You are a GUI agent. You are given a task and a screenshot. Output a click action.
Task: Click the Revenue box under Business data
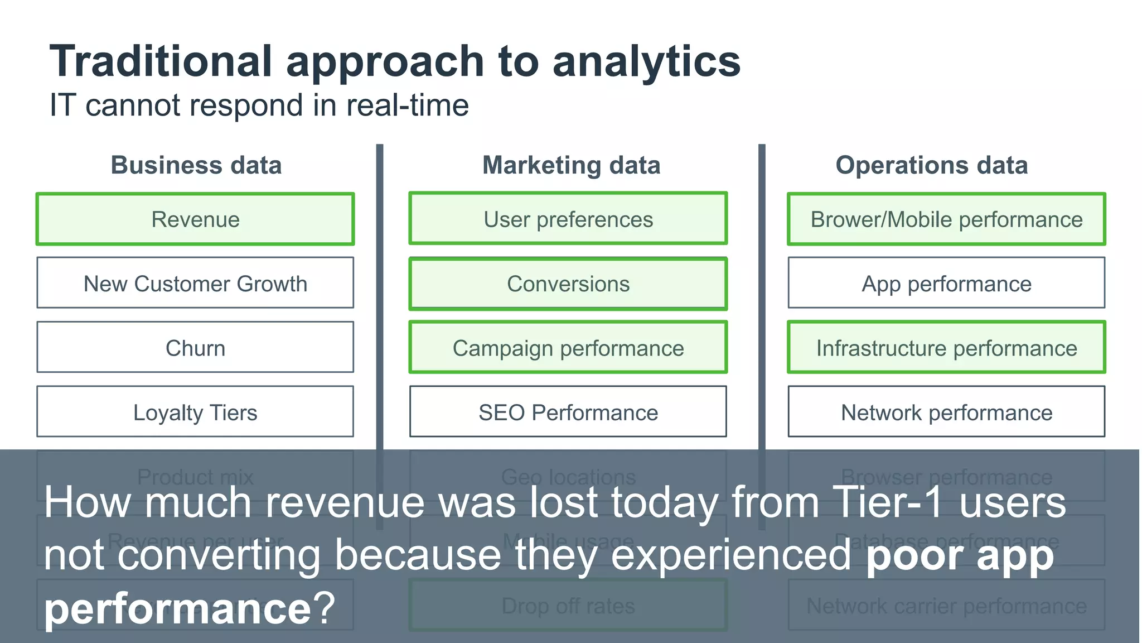point(195,219)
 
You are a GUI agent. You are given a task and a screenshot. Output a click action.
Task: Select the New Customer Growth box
point(195,284)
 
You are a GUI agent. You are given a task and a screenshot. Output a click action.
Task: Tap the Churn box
point(195,348)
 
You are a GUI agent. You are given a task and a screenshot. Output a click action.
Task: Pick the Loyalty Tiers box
point(195,412)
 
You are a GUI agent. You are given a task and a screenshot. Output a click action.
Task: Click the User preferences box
point(568,219)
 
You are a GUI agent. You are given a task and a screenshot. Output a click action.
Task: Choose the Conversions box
point(568,284)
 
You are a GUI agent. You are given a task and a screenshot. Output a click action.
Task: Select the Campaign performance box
point(568,348)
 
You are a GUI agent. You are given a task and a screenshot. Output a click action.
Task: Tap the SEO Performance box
point(568,412)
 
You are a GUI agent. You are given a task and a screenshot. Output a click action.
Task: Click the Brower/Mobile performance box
point(946,219)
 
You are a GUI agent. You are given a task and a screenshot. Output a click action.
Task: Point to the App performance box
point(946,284)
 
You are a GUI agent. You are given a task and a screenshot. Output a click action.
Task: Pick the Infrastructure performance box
point(946,348)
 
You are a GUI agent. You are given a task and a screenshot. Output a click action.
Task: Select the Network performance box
point(946,412)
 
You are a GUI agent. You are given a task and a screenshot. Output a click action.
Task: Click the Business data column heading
point(196,165)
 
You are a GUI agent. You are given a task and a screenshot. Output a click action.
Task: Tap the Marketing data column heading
point(571,165)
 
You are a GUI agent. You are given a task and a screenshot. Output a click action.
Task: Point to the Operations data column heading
point(931,165)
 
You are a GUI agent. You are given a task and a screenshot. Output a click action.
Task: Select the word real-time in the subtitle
point(407,105)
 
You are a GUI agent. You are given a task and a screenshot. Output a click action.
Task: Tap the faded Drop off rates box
point(568,606)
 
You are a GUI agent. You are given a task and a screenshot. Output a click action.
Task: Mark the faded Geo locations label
point(568,477)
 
